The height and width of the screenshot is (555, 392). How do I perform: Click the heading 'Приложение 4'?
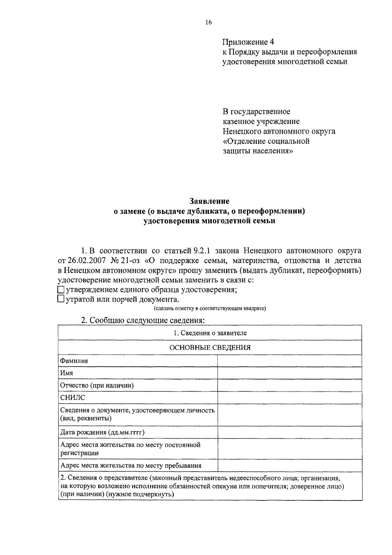[x=249, y=42]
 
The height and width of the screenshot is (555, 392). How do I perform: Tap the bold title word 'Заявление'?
[x=209, y=201]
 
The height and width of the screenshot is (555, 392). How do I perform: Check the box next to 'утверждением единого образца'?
[x=61, y=290]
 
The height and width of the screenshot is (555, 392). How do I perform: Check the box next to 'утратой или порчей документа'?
[x=61, y=299]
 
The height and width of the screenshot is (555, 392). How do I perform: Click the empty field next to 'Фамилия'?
[x=289, y=361]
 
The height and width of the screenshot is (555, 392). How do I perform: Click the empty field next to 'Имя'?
[x=289, y=373]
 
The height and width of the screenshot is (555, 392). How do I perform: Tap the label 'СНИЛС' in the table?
[x=73, y=397]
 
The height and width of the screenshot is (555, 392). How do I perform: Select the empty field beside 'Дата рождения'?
[x=289, y=432]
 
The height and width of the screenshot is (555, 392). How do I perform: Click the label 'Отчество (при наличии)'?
[x=97, y=385]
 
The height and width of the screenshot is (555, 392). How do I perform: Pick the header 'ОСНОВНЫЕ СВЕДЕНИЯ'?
[x=210, y=347]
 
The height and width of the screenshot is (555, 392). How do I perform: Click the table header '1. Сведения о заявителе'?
[x=210, y=333]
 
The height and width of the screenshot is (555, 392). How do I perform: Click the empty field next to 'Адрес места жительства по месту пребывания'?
[x=289, y=465]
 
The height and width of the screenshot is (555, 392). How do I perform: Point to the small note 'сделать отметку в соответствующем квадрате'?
[x=210, y=308]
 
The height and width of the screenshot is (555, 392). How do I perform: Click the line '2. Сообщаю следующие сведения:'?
[x=143, y=320]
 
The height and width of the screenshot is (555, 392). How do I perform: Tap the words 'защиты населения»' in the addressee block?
[x=258, y=151]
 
